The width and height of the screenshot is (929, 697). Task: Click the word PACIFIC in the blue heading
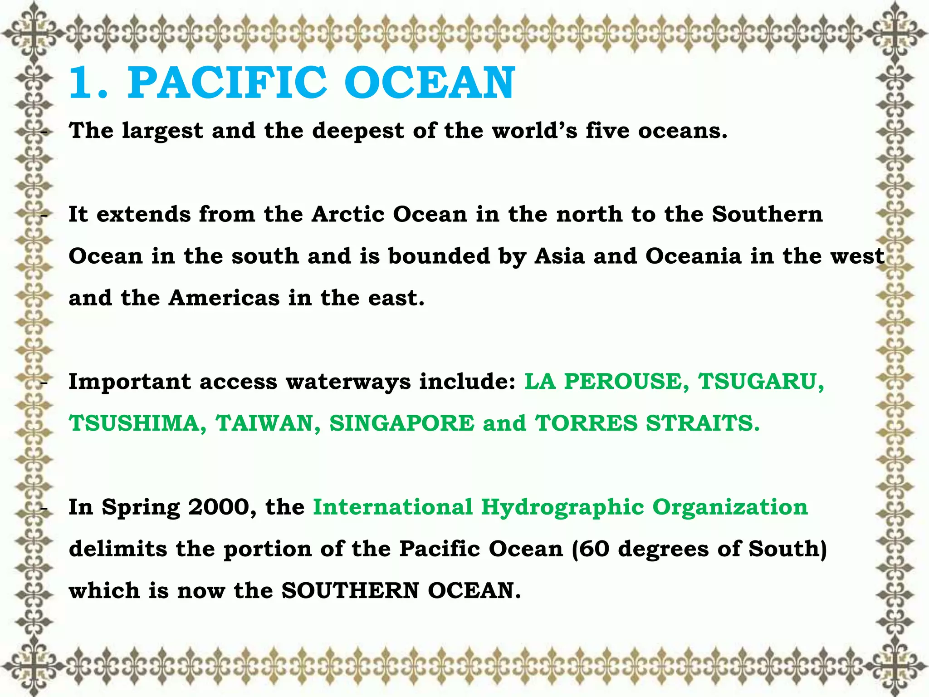(x=227, y=83)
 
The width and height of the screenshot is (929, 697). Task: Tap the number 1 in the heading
(x=82, y=83)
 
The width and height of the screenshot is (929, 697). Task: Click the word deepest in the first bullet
(x=358, y=131)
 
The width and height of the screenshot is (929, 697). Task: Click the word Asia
(x=559, y=256)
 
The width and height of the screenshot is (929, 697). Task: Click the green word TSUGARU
(x=761, y=381)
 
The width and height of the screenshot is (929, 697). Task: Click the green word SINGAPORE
(x=402, y=423)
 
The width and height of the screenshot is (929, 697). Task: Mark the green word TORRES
(x=587, y=423)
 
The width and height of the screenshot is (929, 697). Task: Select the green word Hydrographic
(x=562, y=508)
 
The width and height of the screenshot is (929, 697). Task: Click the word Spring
(x=141, y=508)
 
